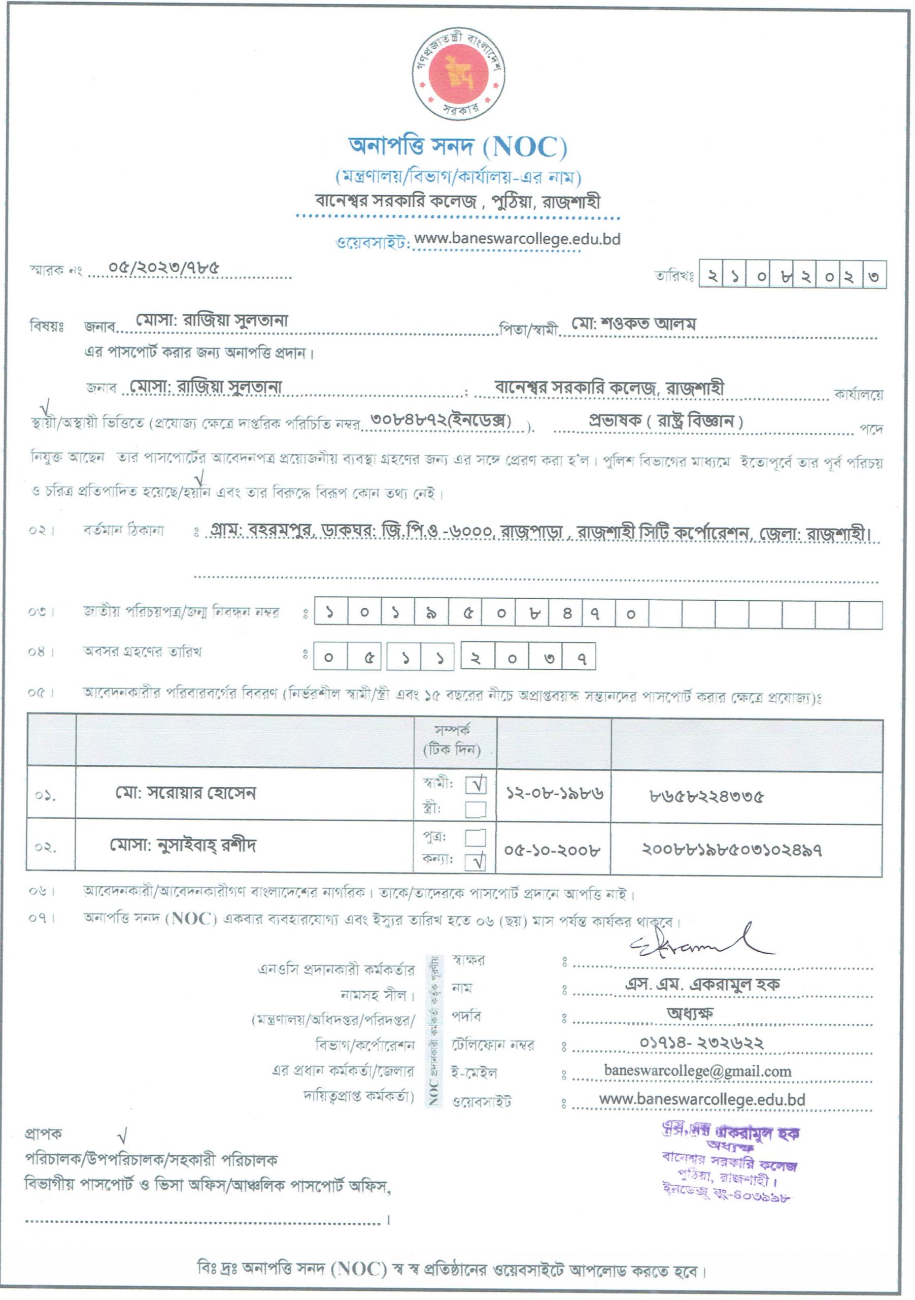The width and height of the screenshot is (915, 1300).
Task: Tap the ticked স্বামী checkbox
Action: tap(476, 785)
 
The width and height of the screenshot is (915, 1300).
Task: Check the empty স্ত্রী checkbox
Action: tap(476, 809)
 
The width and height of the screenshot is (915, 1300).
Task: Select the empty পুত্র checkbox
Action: tap(476, 837)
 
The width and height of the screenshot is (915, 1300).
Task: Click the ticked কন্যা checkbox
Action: tap(476, 862)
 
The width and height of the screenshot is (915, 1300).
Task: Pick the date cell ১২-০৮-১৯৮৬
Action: tap(554, 794)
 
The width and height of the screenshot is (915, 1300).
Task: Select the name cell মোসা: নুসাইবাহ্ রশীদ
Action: tap(183, 846)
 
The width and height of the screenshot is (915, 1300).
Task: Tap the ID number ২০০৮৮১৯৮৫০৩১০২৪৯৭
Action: tap(732, 850)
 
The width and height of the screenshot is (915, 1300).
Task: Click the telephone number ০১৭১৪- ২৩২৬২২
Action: tap(702, 1043)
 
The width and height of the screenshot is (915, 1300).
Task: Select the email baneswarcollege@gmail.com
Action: tap(698, 1070)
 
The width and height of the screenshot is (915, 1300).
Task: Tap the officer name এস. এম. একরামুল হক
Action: tap(702, 984)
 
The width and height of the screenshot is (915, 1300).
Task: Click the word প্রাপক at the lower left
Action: tap(44, 1134)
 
